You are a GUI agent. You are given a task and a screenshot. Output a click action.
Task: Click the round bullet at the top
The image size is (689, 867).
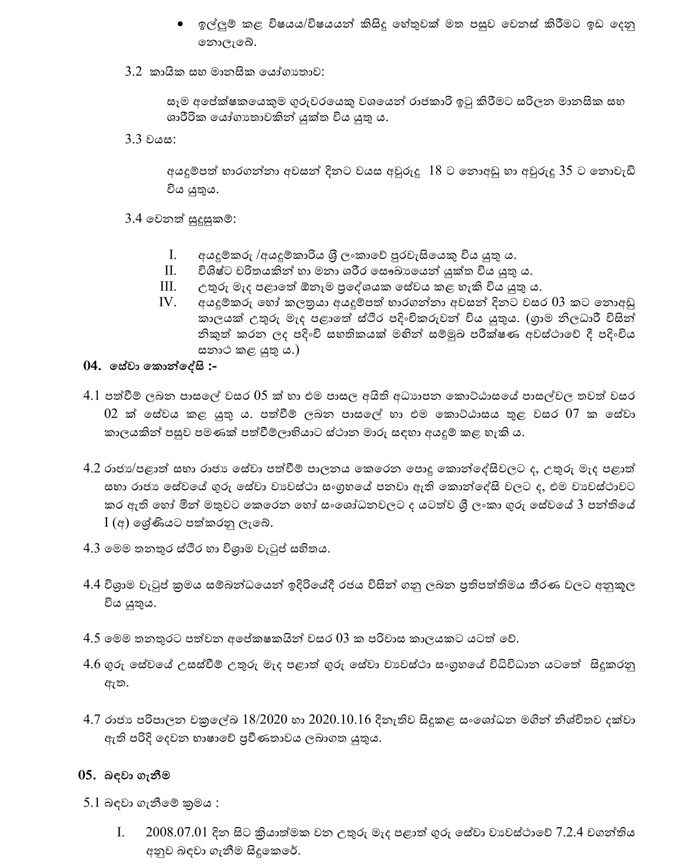point(180,25)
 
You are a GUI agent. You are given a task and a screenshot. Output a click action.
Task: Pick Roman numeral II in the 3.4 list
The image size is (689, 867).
point(170,271)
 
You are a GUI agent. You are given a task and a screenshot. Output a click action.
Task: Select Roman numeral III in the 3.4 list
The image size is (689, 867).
point(168,287)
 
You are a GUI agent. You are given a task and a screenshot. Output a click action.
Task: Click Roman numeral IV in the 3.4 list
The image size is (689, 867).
point(168,302)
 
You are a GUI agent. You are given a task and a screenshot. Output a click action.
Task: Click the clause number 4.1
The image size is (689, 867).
point(91,396)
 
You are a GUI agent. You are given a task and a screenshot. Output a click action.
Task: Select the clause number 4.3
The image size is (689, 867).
point(91,548)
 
